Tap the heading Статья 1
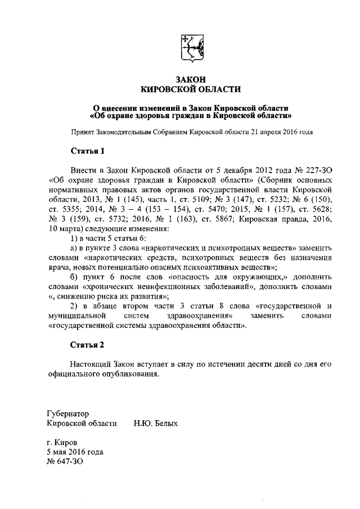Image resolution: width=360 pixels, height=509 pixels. click(87, 151)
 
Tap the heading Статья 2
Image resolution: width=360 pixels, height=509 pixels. click(87, 344)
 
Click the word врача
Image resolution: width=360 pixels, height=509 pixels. click(59, 267)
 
